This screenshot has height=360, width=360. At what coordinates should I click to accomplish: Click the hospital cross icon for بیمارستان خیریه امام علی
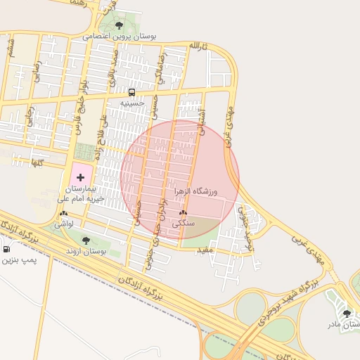79,177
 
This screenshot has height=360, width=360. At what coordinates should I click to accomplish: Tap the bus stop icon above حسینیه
131,92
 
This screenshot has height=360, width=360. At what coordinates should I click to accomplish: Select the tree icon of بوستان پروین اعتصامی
119,24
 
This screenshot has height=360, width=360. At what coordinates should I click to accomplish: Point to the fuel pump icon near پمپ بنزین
6,249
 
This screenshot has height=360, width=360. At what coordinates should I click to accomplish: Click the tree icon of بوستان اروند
86,240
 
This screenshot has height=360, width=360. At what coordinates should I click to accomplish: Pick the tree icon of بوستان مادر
347,314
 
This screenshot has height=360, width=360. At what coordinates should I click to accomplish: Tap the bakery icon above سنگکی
184,212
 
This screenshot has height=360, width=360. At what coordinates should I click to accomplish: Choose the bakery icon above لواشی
64,212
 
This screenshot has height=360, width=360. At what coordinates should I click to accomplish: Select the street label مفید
205,250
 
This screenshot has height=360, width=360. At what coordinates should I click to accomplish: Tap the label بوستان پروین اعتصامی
120,35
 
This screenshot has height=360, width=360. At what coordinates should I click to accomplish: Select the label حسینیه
131,103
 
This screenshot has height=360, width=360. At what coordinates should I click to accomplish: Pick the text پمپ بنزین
17,260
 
